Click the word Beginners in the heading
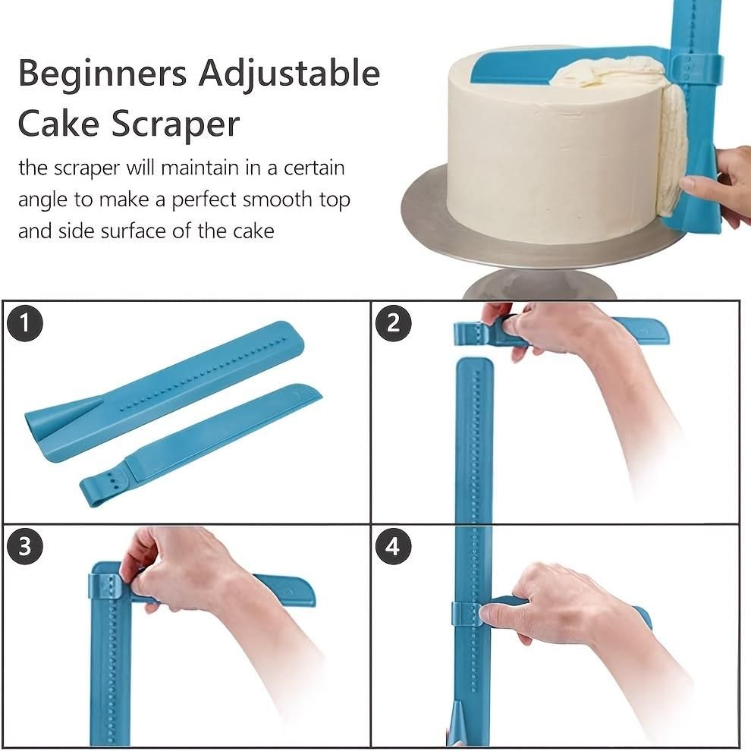coord(102,74)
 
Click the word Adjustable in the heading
coord(290,74)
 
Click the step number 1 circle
coord(26,323)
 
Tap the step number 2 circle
coord(393,323)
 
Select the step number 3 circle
coord(26,547)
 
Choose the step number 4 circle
coord(393,547)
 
